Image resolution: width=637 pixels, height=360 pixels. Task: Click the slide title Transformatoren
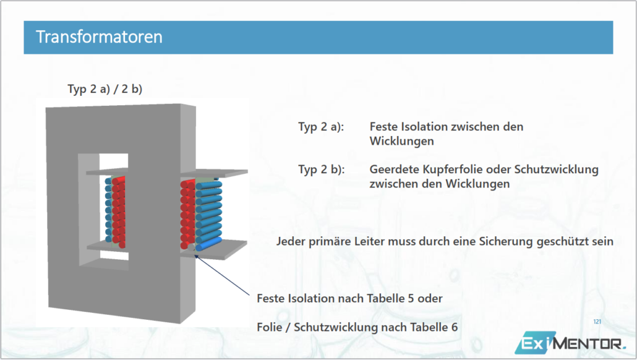coord(99,37)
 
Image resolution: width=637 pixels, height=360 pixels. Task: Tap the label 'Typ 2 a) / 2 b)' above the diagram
coord(105,89)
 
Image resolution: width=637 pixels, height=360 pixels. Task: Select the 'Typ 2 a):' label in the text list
coord(321,127)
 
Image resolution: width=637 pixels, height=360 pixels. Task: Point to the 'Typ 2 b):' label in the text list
coord(322,169)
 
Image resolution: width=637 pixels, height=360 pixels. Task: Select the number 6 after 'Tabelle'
coord(454,327)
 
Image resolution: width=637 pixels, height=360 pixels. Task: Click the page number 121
coord(597,322)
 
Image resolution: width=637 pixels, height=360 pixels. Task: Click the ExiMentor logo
coord(570,343)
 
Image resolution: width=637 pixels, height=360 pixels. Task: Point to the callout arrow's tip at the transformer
coord(195,255)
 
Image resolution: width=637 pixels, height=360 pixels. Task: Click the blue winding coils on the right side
coord(209,215)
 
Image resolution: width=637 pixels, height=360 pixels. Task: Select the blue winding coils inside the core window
coord(108,210)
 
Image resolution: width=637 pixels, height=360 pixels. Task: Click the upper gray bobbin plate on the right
coord(214,173)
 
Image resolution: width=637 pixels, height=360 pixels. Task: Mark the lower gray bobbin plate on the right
coord(214,249)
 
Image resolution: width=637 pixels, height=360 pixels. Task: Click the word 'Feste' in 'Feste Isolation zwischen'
coord(384,127)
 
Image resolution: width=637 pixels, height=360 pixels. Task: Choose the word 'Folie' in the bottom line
coord(270,327)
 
